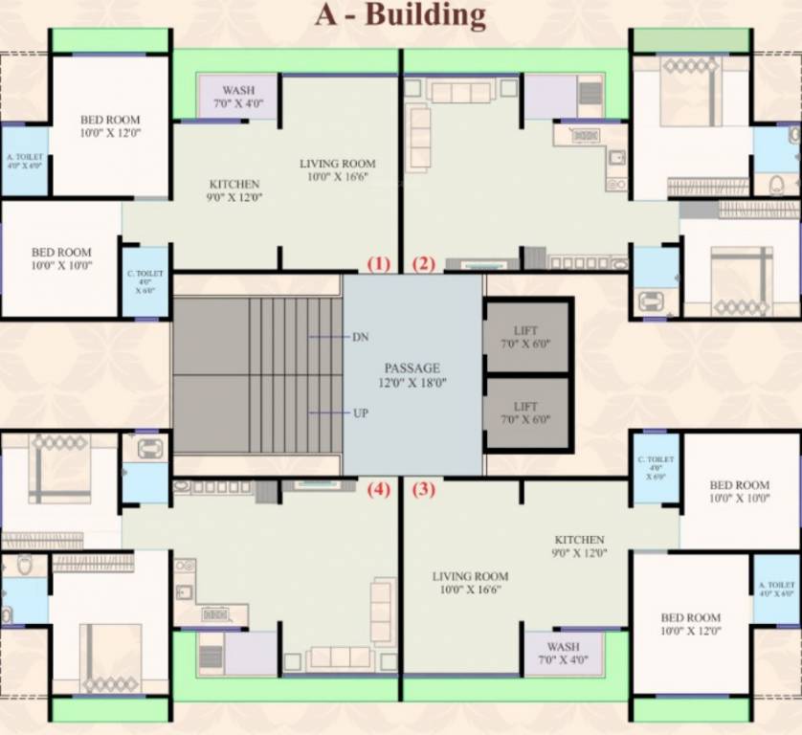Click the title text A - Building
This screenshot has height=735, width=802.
tap(401, 16)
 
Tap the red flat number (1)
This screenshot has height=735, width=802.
tap(379, 263)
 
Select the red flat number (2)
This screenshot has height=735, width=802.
tap(423, 263)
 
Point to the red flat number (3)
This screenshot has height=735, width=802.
tap(423, 489)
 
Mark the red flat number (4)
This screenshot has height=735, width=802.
tap(379, 489)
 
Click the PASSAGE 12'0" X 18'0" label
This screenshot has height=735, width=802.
tap(412, 374)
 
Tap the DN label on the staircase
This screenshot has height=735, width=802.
tap(360, 337)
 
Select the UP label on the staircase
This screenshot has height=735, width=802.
tap(360, 412)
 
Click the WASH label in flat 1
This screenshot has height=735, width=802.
tap(237, 96)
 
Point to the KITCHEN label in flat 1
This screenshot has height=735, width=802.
tap(234, 190)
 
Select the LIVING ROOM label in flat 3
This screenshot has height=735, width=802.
tap(470, 583)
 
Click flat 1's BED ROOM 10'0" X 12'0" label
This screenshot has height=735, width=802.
tap(110, 126)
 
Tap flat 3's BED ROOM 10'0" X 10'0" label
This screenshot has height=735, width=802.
tap(739, 492)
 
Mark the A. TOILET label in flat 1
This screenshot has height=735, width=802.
tap(24, 161)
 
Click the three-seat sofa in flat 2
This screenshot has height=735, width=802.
tap(461, 92)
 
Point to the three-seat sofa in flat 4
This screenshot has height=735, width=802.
tap(340, 657)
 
